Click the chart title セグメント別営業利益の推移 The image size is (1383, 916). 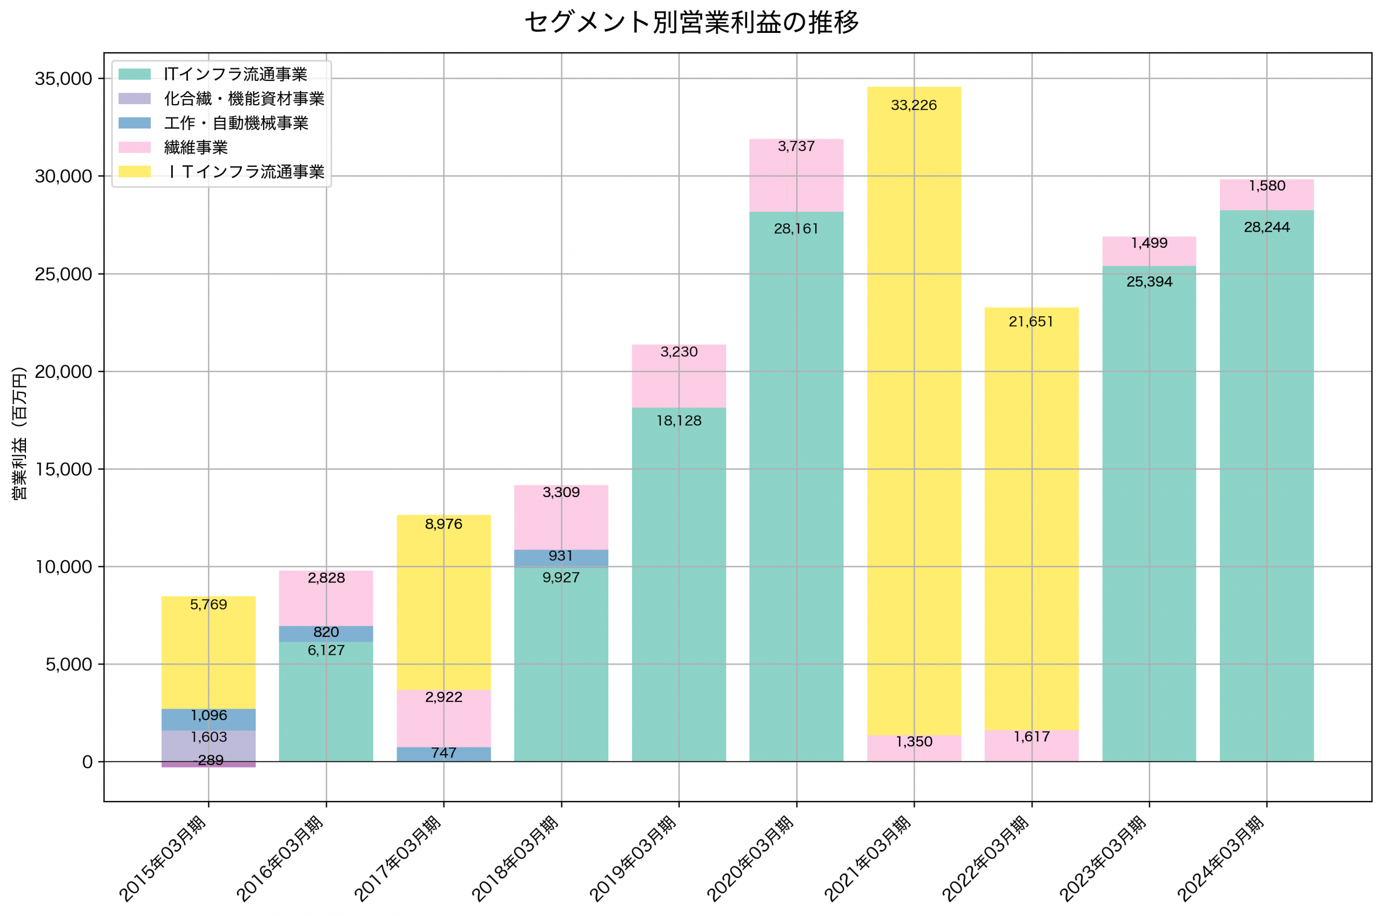click(x=691, y=23)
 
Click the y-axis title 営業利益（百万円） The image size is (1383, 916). click(x=19, y=433)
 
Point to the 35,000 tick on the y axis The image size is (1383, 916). click(x=63, y=79)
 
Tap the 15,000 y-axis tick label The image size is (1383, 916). click(x=63, y=470)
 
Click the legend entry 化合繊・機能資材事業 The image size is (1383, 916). click(x=244, y=99)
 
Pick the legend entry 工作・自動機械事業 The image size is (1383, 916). click(x=236, y=123)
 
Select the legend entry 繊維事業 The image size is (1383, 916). click(x=196, y=148)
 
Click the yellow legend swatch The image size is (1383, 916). click(x=135, y=172)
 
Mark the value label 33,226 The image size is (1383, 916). click(x=914, y=105)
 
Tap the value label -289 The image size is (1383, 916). click(x=209, y=761)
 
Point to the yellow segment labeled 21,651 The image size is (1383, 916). click(x=1032, y=526)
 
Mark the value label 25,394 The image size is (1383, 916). click(x=1149, y=282)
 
